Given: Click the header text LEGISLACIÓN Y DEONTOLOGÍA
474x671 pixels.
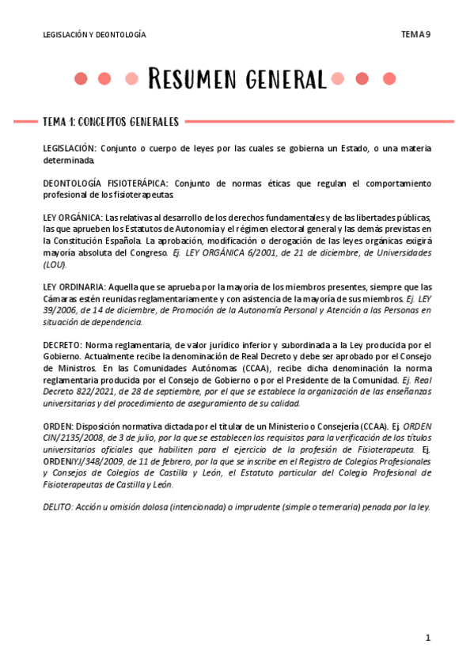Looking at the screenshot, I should (94, 35).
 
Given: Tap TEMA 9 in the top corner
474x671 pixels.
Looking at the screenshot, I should (415, 34).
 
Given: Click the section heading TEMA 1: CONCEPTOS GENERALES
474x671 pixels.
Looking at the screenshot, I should (111, 122).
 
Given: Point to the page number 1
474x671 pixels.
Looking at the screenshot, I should (427, 638).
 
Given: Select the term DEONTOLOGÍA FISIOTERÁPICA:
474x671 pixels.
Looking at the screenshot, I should (106, 184).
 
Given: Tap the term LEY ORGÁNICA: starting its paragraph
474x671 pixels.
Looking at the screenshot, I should (73, 218).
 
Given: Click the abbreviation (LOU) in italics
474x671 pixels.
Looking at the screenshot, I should (55, 264).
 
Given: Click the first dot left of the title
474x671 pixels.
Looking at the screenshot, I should (80, 78).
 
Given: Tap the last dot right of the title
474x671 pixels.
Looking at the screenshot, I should (389, 78).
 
